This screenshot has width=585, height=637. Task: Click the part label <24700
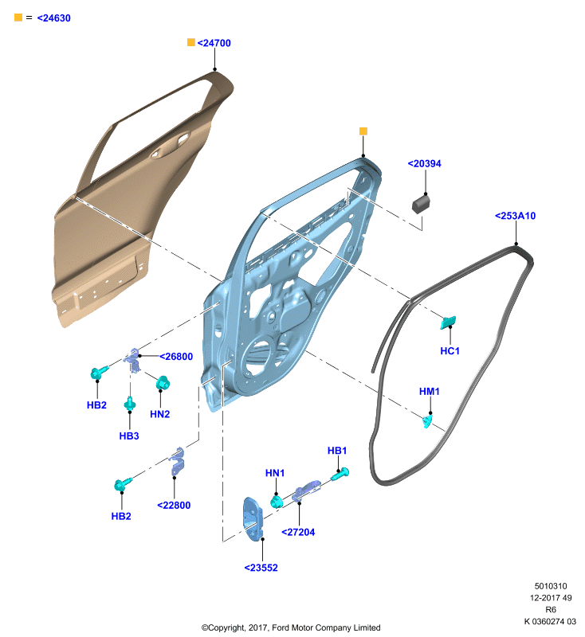[214, 43]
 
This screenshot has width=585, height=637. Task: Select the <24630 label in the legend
[53, 18]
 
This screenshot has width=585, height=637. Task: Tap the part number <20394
[425, 163]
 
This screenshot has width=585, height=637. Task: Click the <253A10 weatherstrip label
[515, 216]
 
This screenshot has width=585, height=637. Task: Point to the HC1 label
[450, 350]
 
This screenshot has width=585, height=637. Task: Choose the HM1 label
[430, 391]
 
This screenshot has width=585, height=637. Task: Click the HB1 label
[337, 451]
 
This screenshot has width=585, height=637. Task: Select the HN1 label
[275, 473]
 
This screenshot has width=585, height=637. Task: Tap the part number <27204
[298, 532]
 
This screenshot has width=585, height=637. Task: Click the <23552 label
[261, 568]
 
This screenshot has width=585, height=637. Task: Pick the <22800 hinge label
[174, 505]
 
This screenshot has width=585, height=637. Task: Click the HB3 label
[129, 436]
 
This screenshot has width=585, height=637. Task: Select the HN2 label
[159, 414]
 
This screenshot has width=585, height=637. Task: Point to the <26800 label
[176, 356]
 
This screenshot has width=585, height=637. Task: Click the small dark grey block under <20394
[421, 205]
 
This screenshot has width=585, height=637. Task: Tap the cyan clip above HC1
[448, 322]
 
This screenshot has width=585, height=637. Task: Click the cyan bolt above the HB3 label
[130, 403]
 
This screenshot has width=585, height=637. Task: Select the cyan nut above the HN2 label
[163, 383]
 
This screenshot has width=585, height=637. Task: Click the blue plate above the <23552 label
[253, 519]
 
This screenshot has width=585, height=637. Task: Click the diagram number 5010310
[551, 586]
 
